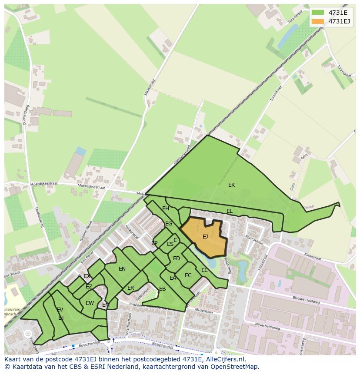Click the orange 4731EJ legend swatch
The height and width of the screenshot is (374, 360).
pyautogui.click(x=318, y=21)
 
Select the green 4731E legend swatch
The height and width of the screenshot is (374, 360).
pyautogui.click(x=318, y=13)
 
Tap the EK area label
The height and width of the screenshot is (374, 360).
pyautogui.click(x=231, y=185)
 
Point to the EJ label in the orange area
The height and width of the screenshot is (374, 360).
pyautogui.click(x=205, y=237)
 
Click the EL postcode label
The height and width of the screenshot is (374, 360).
pyautogui.click(x=229, y=211)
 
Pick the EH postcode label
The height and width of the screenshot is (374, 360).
pyautogui.click(x=166, y=209)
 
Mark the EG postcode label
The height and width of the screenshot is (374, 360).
pyautogui.click(x=169, y=224)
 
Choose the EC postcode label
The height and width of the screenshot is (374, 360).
pyautogui.click(x=188, y=275)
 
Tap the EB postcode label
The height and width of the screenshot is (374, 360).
pyautogui.click(x=162, y=289)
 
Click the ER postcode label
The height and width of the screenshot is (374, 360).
pyautogui.click(x=130, y=288)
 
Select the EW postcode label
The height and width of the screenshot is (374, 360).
pyautogui.click(x=90, y=303)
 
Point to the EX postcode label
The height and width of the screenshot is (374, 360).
pyautogui.click(x=87, y=276)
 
